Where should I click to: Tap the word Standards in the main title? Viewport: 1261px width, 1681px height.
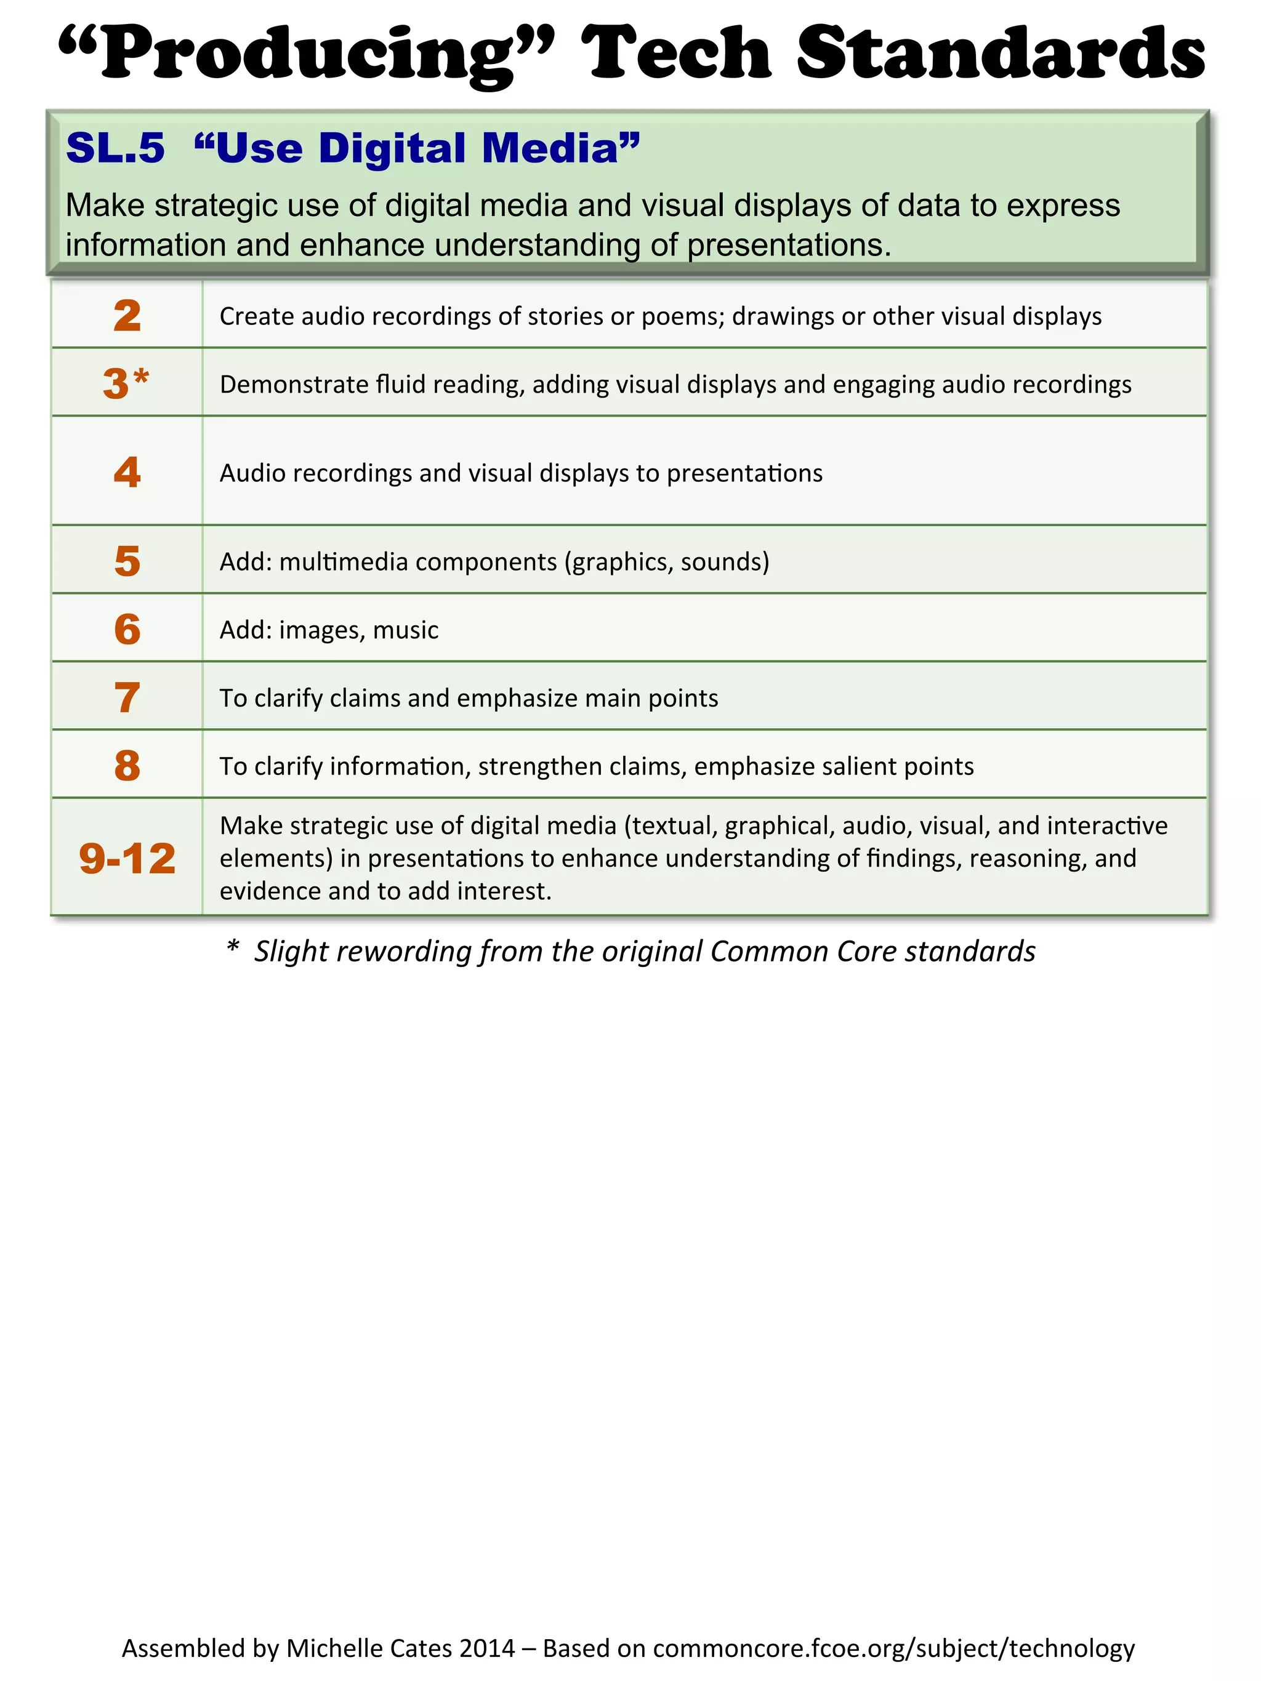(1001, 53)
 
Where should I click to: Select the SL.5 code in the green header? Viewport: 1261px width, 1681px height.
(116, 148)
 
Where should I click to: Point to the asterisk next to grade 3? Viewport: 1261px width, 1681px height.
(142, 376)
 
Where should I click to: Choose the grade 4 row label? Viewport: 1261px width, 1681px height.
(127, 472)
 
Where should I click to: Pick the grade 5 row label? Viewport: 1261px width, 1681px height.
(127, 561)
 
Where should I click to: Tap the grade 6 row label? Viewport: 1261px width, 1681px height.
(127, 629)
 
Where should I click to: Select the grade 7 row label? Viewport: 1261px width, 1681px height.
(127, 697)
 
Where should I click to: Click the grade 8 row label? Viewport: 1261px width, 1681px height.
(127, 765)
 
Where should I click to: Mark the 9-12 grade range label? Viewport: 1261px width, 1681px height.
(127, 858)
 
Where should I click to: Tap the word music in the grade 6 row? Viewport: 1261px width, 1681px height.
(405, 630)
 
